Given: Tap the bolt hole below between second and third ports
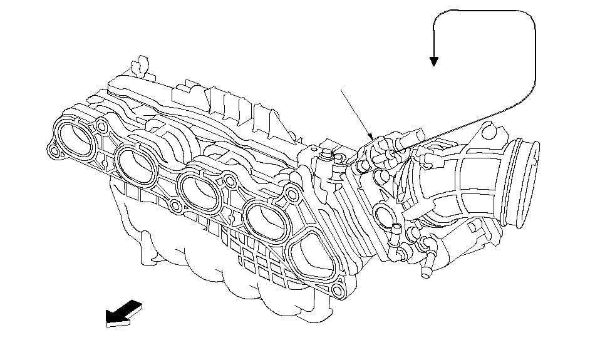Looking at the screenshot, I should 176,206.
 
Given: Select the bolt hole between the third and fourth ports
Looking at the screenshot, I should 230,182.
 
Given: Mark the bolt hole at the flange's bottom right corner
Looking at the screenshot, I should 338,290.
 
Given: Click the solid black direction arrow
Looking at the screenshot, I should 124,313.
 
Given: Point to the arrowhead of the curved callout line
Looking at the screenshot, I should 433,61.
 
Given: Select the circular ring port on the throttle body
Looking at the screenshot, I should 383,216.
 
